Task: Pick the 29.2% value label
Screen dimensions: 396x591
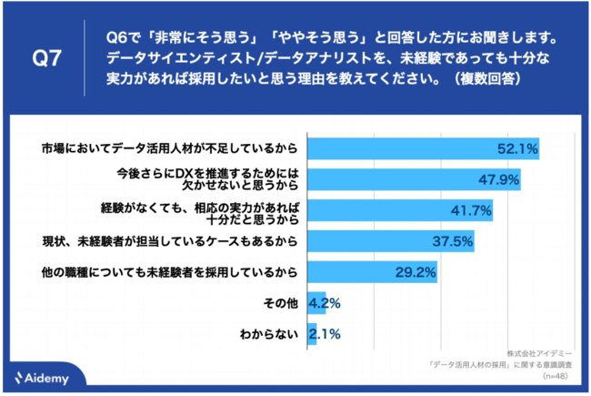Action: (414, 271)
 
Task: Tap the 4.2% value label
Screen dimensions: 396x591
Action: (325, 303)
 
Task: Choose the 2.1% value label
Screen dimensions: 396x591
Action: (325, 334)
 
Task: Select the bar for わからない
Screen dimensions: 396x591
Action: (310, 334)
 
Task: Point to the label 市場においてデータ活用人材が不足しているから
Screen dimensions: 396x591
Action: (171, 147)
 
